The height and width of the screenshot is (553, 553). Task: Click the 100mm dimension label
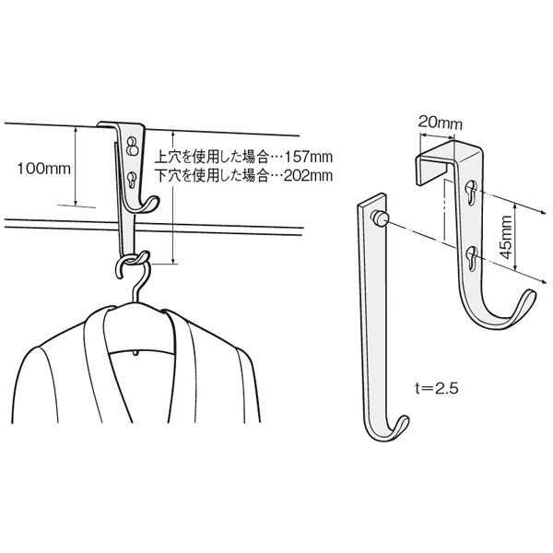[x=43, y=169]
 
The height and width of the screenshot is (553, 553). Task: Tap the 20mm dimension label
[x=440, y=124]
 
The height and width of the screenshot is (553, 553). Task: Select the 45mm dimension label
[x=506, y=237]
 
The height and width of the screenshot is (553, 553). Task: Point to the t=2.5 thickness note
[x=437, y=388]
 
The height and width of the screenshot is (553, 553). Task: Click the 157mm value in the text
[x=309, y=157]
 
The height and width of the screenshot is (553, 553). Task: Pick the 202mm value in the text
[x=309, y=175]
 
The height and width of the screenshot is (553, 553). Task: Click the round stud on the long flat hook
[x=380, y=218]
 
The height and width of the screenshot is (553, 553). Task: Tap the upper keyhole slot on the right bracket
[x=472, y=193]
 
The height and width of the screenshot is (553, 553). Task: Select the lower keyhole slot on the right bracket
[x=472, y=259]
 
